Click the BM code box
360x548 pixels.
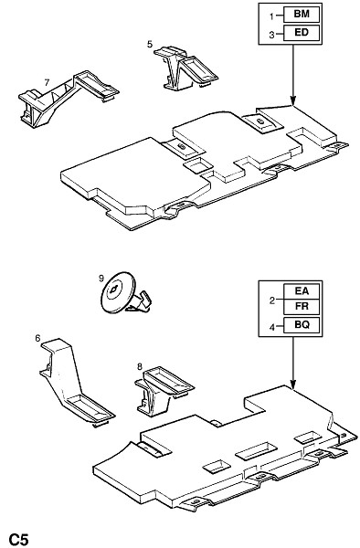(x=302, y=15)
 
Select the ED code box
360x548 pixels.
(x=302, y=33)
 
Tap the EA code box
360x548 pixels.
(x=302, y=290)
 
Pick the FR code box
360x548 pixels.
(x=302, y=307)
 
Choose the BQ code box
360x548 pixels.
(x=302, y=324)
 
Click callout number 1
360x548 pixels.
(x=271, y=16)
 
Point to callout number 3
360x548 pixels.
(x=271, y=35)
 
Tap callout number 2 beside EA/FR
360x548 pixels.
(x=271, y=300)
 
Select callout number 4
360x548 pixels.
(x=271, y=327)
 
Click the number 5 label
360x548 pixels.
(x=150, y=44)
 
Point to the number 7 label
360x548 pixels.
(x=47, y=82)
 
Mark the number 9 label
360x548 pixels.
(x=101, y=279)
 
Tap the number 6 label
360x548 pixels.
(x=37, y=338)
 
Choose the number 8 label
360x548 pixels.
(x=140, y=366)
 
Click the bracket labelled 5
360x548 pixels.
(x=186, y=68)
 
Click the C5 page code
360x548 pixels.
(x=18, y=539)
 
